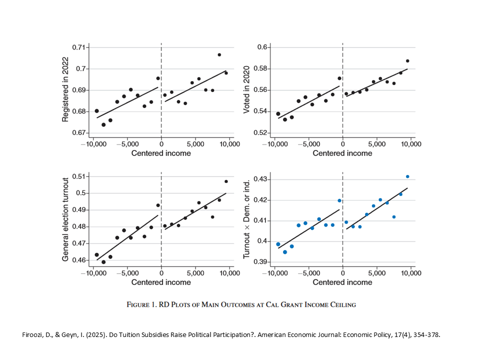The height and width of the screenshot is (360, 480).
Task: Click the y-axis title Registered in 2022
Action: tap(65, 90)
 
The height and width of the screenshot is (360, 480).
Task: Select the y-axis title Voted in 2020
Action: tap(246, 90)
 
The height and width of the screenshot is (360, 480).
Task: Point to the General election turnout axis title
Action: tap(65, 219)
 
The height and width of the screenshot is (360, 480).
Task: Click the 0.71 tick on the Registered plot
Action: tap(78, 47)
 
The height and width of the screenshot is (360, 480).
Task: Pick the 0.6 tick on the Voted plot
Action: tap(263, 47)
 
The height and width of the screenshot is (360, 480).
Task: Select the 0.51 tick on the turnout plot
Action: tap(78, 176)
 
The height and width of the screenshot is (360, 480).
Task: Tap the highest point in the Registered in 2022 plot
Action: tap(219, 54)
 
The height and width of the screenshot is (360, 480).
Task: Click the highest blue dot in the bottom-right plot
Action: tap(407, 176)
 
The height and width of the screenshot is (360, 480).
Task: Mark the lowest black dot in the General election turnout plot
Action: tap(103, 262)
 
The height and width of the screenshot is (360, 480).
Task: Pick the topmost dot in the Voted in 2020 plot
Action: tap(407, 61)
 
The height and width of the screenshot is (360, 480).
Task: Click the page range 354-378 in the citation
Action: tap(424, 334)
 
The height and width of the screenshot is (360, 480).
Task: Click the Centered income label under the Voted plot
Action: tap(342, 153)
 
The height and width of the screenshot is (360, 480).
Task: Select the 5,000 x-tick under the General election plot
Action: tap(195, 273)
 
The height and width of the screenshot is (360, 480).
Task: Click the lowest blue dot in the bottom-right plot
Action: tap(285, 252)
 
